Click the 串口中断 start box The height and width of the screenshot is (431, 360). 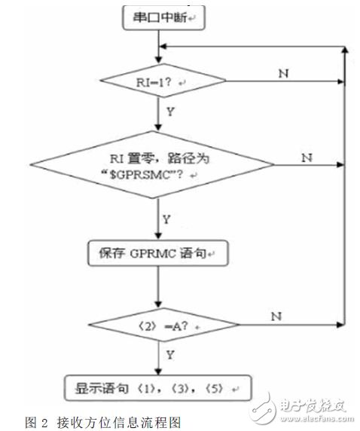click(158, 17)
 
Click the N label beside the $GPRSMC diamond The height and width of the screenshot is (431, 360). click(307, 158)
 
